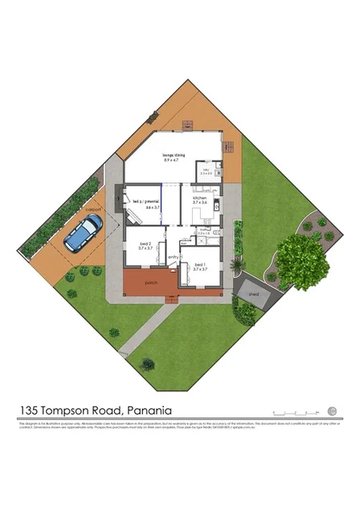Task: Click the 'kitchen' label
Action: point(200,198)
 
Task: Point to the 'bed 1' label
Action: point(199,264)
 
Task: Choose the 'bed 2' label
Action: point(145,243)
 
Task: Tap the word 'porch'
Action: point(150,283)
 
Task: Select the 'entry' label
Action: point(172,257)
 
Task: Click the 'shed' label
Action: point(254,295)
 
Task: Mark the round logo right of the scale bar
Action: point(333,408)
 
